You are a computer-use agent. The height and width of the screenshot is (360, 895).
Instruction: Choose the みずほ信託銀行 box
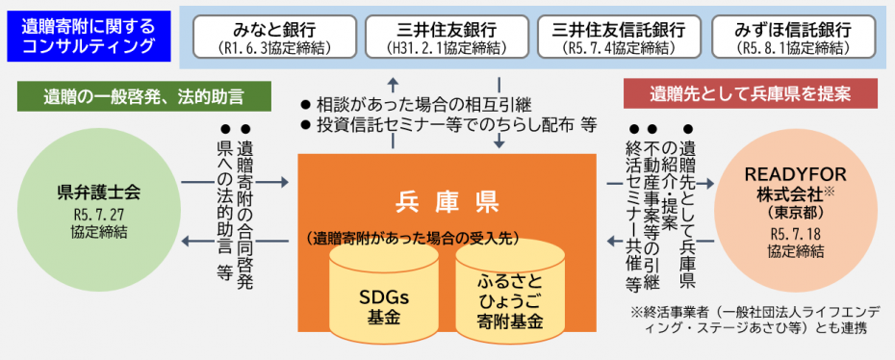point(792,38)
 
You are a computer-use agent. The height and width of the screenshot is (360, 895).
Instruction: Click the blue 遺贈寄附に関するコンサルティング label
point(89,36)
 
